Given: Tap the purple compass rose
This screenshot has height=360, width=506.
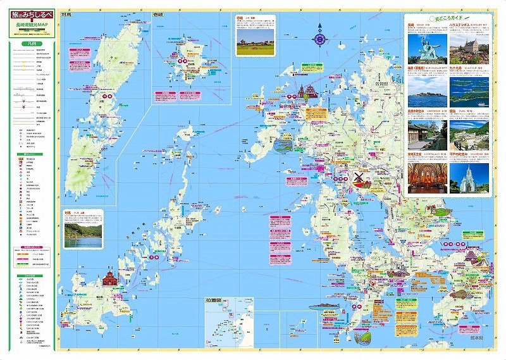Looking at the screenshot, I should [321, 39].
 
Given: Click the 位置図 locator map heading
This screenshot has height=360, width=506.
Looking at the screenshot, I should [213, 301].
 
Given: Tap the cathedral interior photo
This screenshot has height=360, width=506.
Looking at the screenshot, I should [426, 177].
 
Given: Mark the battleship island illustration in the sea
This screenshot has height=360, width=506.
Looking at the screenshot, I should [324, 306].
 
